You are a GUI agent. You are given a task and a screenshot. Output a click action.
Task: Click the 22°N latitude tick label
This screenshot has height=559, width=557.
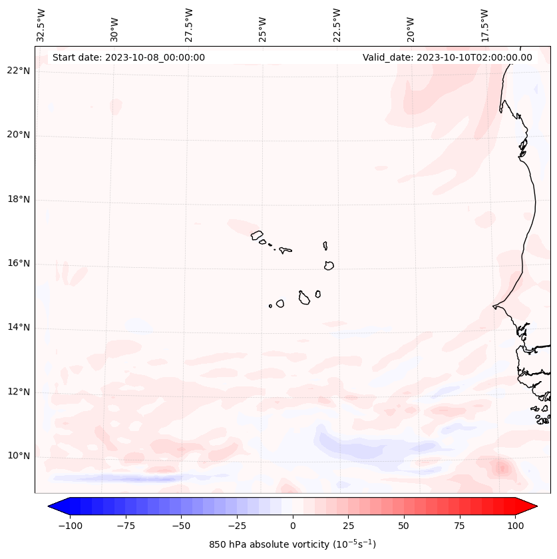point(18,71)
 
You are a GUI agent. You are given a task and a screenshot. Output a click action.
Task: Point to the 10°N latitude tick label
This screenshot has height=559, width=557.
point(18,456)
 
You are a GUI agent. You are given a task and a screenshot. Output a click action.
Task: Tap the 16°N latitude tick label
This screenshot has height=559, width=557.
point(18,264)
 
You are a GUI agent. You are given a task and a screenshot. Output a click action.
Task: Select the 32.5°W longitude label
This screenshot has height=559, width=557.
point(41,25)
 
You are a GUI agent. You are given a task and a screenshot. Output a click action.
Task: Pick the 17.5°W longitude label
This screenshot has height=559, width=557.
point(485,25)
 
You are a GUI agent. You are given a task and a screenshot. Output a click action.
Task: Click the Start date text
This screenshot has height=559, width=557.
point(128,57)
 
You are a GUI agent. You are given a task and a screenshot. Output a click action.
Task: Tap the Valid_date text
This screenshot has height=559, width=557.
point(447,57)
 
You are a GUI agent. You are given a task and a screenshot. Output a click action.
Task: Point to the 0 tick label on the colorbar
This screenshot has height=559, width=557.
point(293,526)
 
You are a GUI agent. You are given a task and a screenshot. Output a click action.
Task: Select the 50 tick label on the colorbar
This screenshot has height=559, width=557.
point(404,526)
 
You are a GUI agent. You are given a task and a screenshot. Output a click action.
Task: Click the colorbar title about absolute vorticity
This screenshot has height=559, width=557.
point(293,544)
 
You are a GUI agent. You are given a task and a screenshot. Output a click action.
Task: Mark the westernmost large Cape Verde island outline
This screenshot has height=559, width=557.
point(257,235)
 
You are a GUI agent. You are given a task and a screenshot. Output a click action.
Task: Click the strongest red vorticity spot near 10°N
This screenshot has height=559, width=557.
point(500,467)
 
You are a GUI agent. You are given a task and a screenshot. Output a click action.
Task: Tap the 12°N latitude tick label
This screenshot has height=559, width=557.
point(18,392)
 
